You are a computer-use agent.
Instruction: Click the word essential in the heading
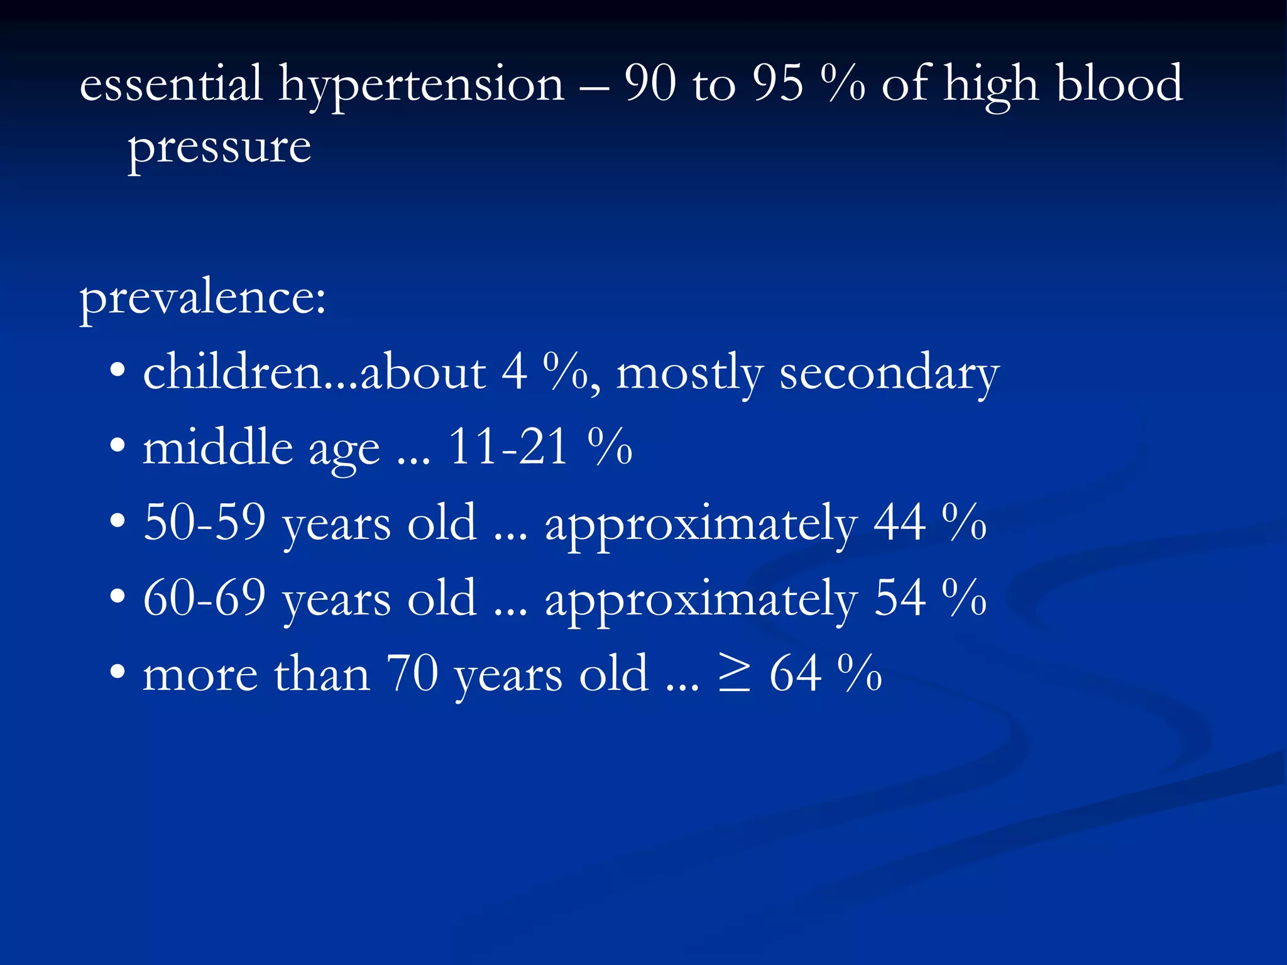(x=170, y=84)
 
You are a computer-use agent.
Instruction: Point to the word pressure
(x=219, y=150)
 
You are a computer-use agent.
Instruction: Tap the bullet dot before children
(x=118, y=371)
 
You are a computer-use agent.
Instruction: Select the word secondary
(x=889, y=374)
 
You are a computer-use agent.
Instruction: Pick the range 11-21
(x=509, y=447)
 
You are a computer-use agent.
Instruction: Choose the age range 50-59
(x=204, y=523)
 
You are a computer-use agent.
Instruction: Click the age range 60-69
(x=204, y=598)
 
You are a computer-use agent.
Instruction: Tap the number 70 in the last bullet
(x=412, y=673)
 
